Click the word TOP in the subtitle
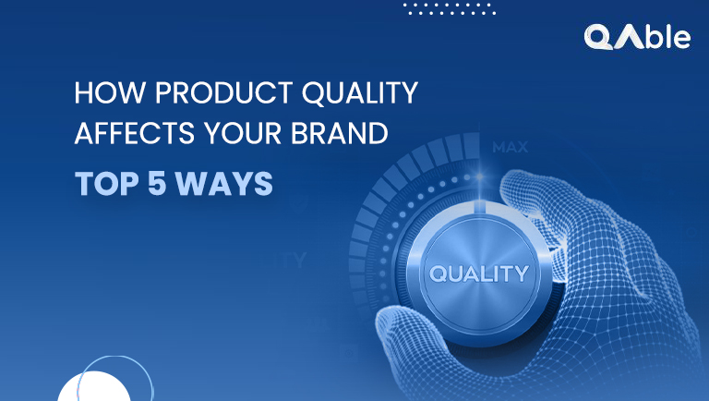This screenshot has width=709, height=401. click(101, 183)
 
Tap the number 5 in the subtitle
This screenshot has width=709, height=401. click(150, 183)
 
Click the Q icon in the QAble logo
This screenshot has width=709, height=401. click(599, 37)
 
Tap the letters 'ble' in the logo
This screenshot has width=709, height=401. click(667, 37)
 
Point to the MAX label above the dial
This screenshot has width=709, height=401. click(510, 147)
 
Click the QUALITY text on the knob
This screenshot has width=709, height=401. click(477, 273)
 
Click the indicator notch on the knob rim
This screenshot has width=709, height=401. click(476, 212)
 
